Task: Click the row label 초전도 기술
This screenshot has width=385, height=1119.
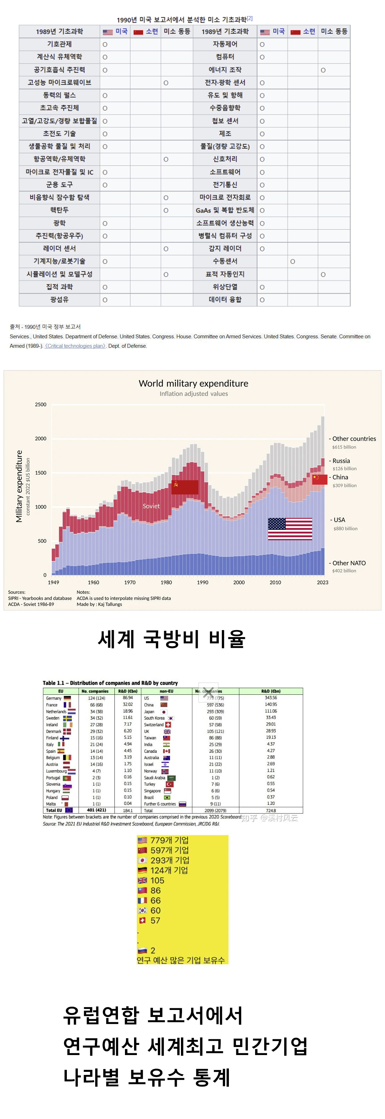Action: point(59,134)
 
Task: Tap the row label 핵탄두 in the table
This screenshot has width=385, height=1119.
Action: point(59,210)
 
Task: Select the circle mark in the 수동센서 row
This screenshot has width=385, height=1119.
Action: point(292,261)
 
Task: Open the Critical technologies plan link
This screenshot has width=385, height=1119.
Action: point(75,346)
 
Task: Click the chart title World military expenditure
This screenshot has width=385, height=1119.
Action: point(193,383)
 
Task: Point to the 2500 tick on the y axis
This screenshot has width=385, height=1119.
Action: point(41,404)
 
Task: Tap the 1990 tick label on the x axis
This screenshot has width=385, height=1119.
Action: point(202,582)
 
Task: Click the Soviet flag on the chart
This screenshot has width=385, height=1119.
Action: point(185,487)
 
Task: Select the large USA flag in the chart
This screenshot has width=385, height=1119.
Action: point(290,529)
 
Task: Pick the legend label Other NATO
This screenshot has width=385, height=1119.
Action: point(349,563)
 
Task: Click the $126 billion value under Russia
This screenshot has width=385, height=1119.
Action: point(344,469)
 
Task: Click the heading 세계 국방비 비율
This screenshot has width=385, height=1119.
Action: point(171,639)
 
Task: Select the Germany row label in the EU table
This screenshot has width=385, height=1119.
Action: point(54,698)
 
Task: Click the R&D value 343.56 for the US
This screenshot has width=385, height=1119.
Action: point(271,698)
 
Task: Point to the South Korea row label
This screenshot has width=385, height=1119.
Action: point(154,718)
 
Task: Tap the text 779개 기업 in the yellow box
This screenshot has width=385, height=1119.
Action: point(169,840)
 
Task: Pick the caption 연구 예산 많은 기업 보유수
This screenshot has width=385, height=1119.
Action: point(181,960)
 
